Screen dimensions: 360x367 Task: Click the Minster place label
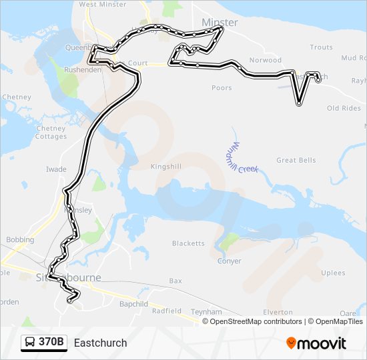point(219,22)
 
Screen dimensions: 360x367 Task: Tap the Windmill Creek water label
point(238,158)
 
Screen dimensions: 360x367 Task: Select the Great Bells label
point(296,161)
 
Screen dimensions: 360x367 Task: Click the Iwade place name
point(56,169)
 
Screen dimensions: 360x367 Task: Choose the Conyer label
point(230,261)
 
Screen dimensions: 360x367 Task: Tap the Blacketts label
point(188,243)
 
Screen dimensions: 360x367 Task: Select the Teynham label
point(206,311)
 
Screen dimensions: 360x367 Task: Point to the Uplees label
point(333,273)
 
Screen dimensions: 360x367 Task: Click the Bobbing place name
point(20,240)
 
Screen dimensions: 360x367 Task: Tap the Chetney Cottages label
point(51,133)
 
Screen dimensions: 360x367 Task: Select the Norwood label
point(265,61)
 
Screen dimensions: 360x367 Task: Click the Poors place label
point(222,88)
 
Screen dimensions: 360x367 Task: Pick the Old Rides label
point(344,108)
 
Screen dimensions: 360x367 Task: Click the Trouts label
point(321,47)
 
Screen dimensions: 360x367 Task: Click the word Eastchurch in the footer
point(100,343)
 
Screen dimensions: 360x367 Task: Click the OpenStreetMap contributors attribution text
point(256,321)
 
